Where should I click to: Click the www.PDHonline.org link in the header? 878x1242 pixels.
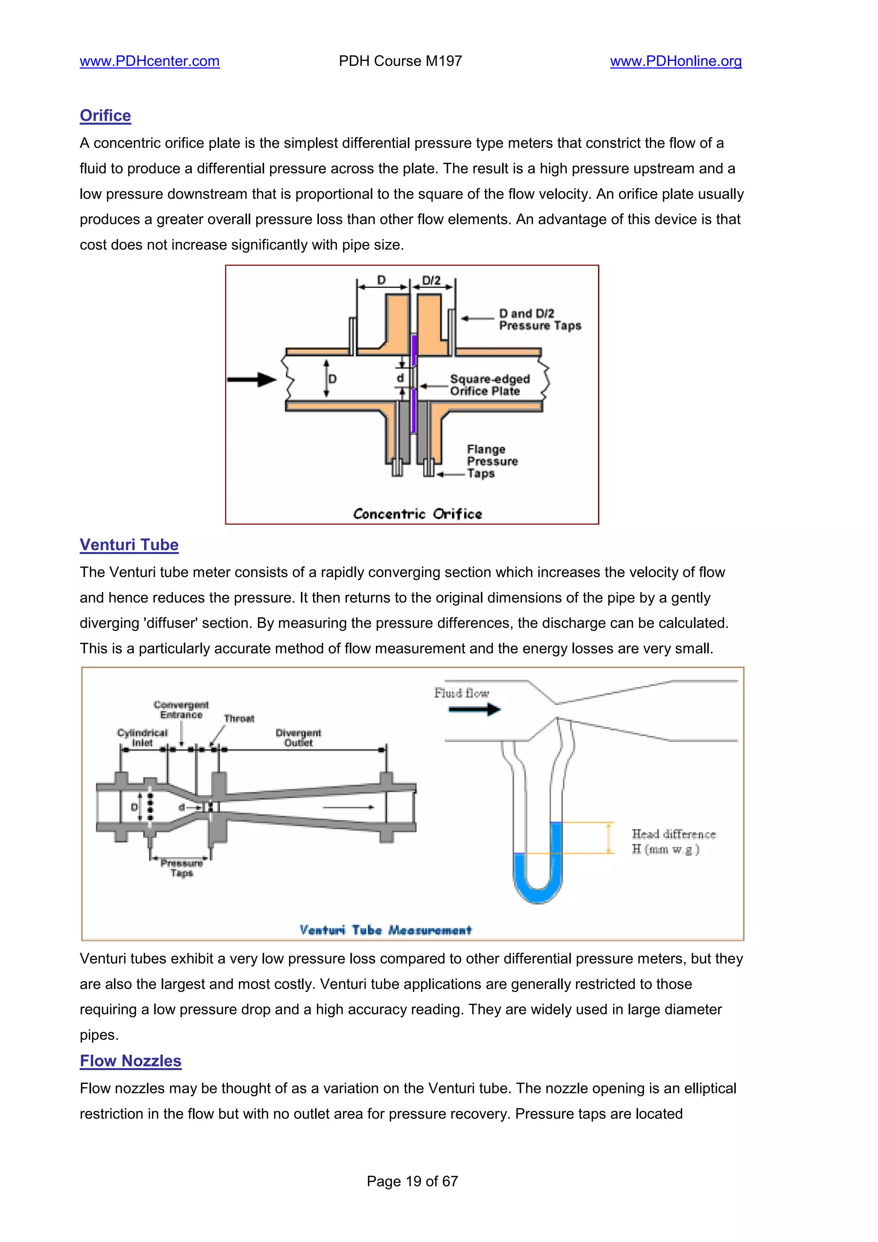click(x=676, y=61)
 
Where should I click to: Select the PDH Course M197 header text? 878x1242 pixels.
click(x=400, y=61)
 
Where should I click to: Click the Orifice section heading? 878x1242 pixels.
click(x=105, y=116)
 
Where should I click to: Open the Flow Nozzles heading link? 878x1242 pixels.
click(x=130, y=1061)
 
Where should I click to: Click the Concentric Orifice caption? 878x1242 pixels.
click(x=417, y=514)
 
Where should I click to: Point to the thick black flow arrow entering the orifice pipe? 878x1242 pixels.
click(x=252, y=380)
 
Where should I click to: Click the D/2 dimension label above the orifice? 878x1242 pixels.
click(x=431, y=280)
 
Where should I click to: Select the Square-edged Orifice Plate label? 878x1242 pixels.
click(x=489, y=385)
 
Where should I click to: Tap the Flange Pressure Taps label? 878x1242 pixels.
click(x=492, y=462)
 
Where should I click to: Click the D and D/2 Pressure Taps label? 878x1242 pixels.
click(x=539, y=320)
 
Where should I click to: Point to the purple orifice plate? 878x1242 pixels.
click(x=414, y=351)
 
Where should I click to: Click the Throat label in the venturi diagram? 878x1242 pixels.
click(x=239, y=718)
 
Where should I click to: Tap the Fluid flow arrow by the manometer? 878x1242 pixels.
click(x=475, y=709)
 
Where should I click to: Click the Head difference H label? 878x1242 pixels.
click(x=673, y=842)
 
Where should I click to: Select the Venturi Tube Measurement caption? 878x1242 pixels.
click(x=385, y=930)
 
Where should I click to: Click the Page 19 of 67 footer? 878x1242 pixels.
click(x=412, y=1182)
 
